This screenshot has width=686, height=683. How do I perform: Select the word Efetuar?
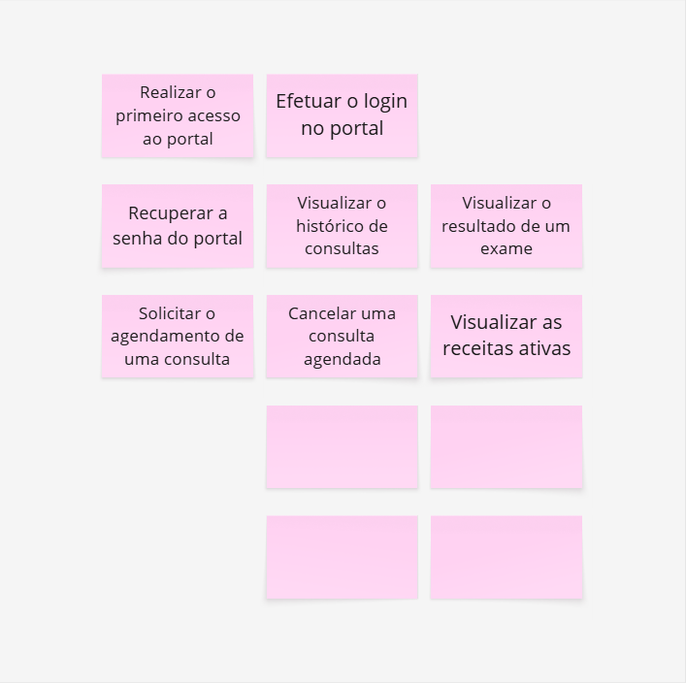tap(309, 101)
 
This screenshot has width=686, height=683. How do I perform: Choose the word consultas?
tap(342, 248)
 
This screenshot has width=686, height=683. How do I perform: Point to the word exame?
tap(506, 249)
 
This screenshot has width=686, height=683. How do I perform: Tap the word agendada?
tap(343, 360)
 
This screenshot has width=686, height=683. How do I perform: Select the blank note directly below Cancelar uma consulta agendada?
tap(343, 446)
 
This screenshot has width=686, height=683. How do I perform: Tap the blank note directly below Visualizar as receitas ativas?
tap(506, 446)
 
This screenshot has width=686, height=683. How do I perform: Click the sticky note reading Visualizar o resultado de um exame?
tap(506, 226)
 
